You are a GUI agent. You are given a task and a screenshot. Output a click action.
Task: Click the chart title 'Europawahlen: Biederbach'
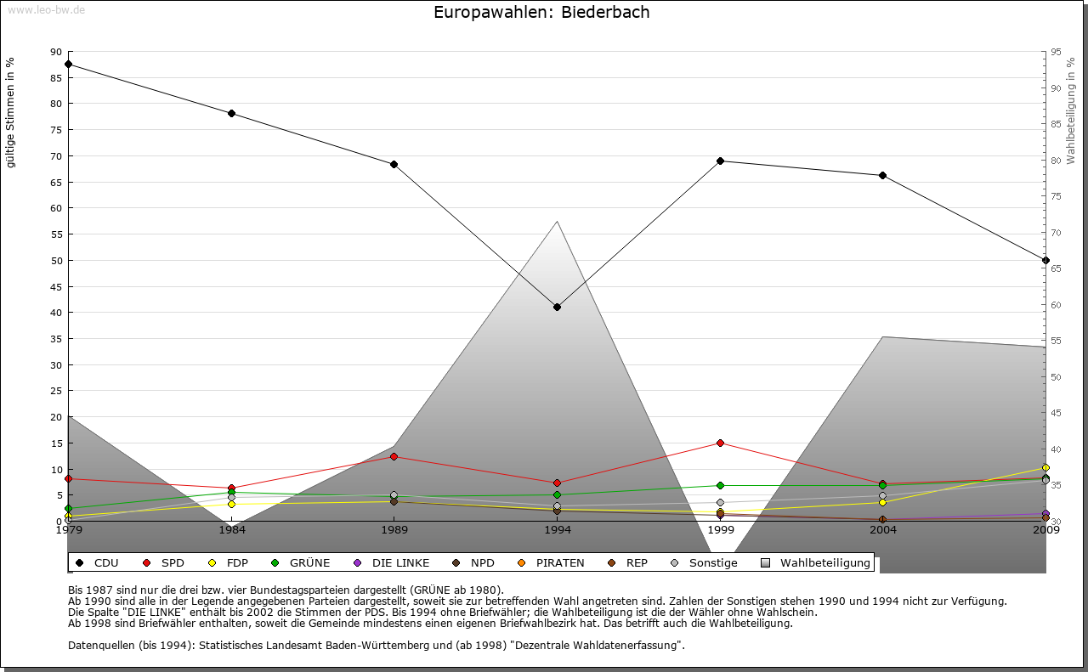tap(541, 12)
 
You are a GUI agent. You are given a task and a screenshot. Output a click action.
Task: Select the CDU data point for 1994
tap(557, 307)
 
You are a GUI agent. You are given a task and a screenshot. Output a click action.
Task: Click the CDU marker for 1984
tap(231, 113)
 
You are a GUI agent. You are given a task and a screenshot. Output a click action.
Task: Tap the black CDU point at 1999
tap(720, 161)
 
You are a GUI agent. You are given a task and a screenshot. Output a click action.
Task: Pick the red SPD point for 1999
tap(720, 443)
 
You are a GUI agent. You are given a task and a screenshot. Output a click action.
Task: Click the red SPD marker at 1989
tap(394, 456)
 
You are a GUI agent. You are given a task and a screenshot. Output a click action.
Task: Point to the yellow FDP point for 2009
tap(1045, 467)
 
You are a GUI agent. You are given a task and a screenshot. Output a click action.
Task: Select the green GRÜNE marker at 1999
tap(720, 485)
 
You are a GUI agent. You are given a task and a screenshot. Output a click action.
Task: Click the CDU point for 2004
tap(882, 175)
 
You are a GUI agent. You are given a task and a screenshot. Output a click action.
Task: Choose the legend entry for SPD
tap(165, 562)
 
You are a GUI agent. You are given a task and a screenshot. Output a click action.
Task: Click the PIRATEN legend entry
tap(552, 562)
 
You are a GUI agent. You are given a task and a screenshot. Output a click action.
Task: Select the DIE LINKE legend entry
tap(393, 562)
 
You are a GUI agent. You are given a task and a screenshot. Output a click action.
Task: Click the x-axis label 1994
tap(557, 530)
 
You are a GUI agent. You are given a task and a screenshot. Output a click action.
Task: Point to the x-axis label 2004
tap(882, 530)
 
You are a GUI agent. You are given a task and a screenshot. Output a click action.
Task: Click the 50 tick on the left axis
tap(56, 260)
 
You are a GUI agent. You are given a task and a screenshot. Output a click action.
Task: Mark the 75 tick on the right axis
tap(1056, 196)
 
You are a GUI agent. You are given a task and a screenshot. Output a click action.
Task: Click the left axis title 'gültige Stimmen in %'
tap(11, 112)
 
